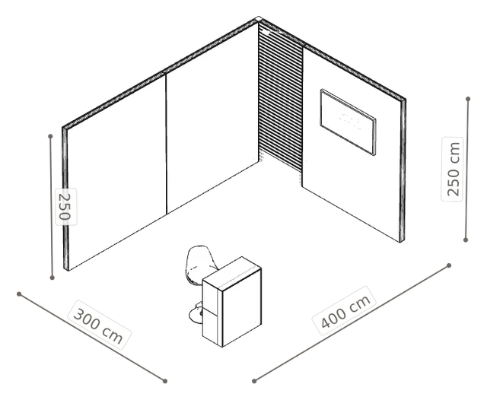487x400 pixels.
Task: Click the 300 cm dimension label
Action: tap(99, 325)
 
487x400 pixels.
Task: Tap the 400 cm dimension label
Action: tap(344, 311)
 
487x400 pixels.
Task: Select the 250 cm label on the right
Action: tap(453, 169)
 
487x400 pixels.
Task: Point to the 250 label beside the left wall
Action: tap(66, 207)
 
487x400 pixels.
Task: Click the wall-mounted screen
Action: tap(348, 122)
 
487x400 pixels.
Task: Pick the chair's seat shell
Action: tap(201, 264)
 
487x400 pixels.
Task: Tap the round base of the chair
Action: tap(196, 314)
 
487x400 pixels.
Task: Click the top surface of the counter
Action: tap(231, 274)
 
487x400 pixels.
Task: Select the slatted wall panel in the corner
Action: tap(281, 97)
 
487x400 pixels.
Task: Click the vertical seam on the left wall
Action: tap(166, 144)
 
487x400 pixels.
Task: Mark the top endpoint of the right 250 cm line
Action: tap(468, 99)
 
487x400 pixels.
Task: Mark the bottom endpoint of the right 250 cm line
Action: tap(465, 240)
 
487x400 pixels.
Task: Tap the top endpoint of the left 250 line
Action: tap(50, 136)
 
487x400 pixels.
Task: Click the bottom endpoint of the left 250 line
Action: tap(53, 278)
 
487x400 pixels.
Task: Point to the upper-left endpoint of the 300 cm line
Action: tap(19, 294)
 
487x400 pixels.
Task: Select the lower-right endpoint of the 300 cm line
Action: tap(165, 381)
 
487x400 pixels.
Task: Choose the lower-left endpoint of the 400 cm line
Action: tap(254, 381)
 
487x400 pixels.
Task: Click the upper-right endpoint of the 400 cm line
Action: tap(449, 265)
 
